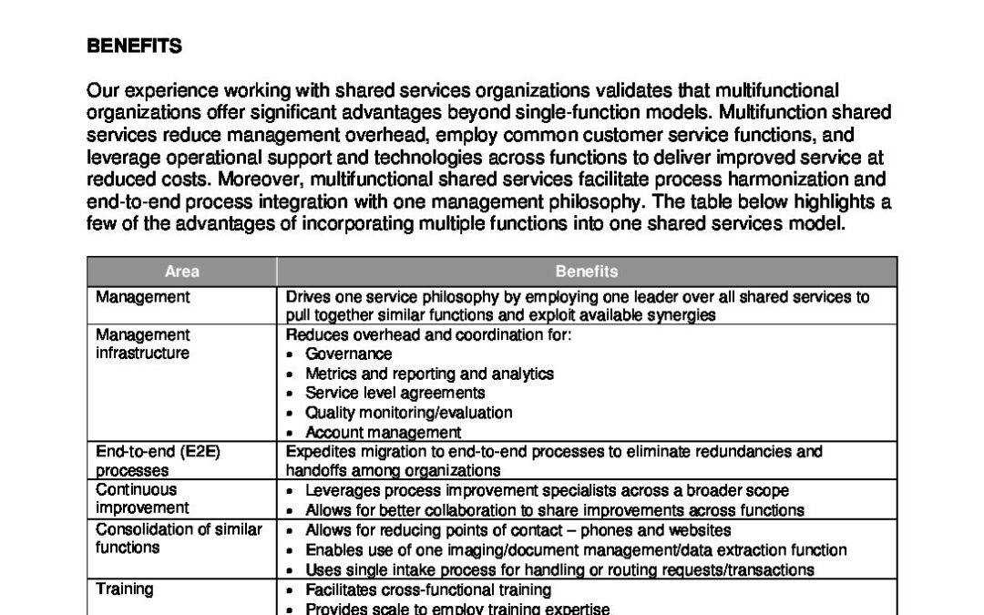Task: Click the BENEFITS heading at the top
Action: [134, 46]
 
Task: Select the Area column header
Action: [181, 272]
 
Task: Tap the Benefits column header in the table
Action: [586, 272]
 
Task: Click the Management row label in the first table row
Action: [143, 297]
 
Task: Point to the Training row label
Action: [125, 589]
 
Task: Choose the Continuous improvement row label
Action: [143, 499]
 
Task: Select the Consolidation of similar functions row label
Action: [179, 538]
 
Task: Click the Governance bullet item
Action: [349, 354]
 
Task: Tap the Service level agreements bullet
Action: [395, 393]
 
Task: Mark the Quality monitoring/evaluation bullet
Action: [408, 413]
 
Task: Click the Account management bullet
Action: [383, 433]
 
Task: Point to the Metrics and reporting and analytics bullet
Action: [429, 374]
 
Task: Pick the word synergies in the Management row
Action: [682, 315]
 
